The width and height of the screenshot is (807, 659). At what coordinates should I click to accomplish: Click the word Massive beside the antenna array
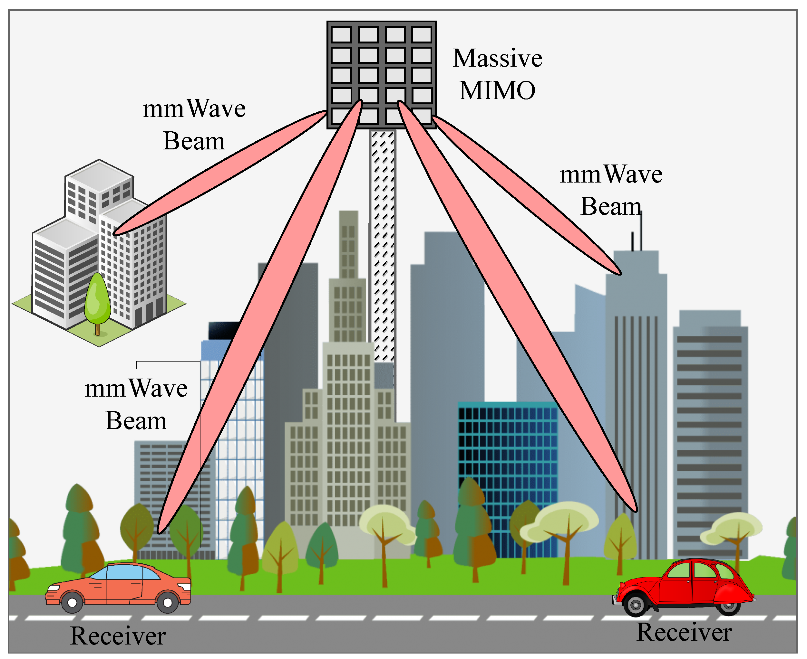(x=497, y=59)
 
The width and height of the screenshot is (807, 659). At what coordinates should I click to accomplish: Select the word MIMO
(x=497, y=91)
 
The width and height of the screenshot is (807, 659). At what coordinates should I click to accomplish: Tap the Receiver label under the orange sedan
(x=118, y=635)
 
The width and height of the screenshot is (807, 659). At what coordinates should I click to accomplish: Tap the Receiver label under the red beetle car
(x=684, y=632)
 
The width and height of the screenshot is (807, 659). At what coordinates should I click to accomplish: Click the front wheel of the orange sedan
(x=168, y=602)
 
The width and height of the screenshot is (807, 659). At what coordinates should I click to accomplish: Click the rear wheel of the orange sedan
(x=72, y=602)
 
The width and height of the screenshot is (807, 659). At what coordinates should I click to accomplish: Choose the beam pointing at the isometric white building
(x=220, y=173)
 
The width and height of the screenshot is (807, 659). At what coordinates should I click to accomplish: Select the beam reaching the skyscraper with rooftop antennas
(x=528, y=193)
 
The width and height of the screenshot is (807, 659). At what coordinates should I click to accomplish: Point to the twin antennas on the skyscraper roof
(x=637, y=235)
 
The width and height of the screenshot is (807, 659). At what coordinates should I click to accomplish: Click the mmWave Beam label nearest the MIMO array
(x=194, y=125)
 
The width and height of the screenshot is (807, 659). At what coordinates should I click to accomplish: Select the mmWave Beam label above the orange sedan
(x=136, y=405)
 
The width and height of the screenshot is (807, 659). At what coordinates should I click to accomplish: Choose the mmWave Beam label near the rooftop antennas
(x=611, y=190)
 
